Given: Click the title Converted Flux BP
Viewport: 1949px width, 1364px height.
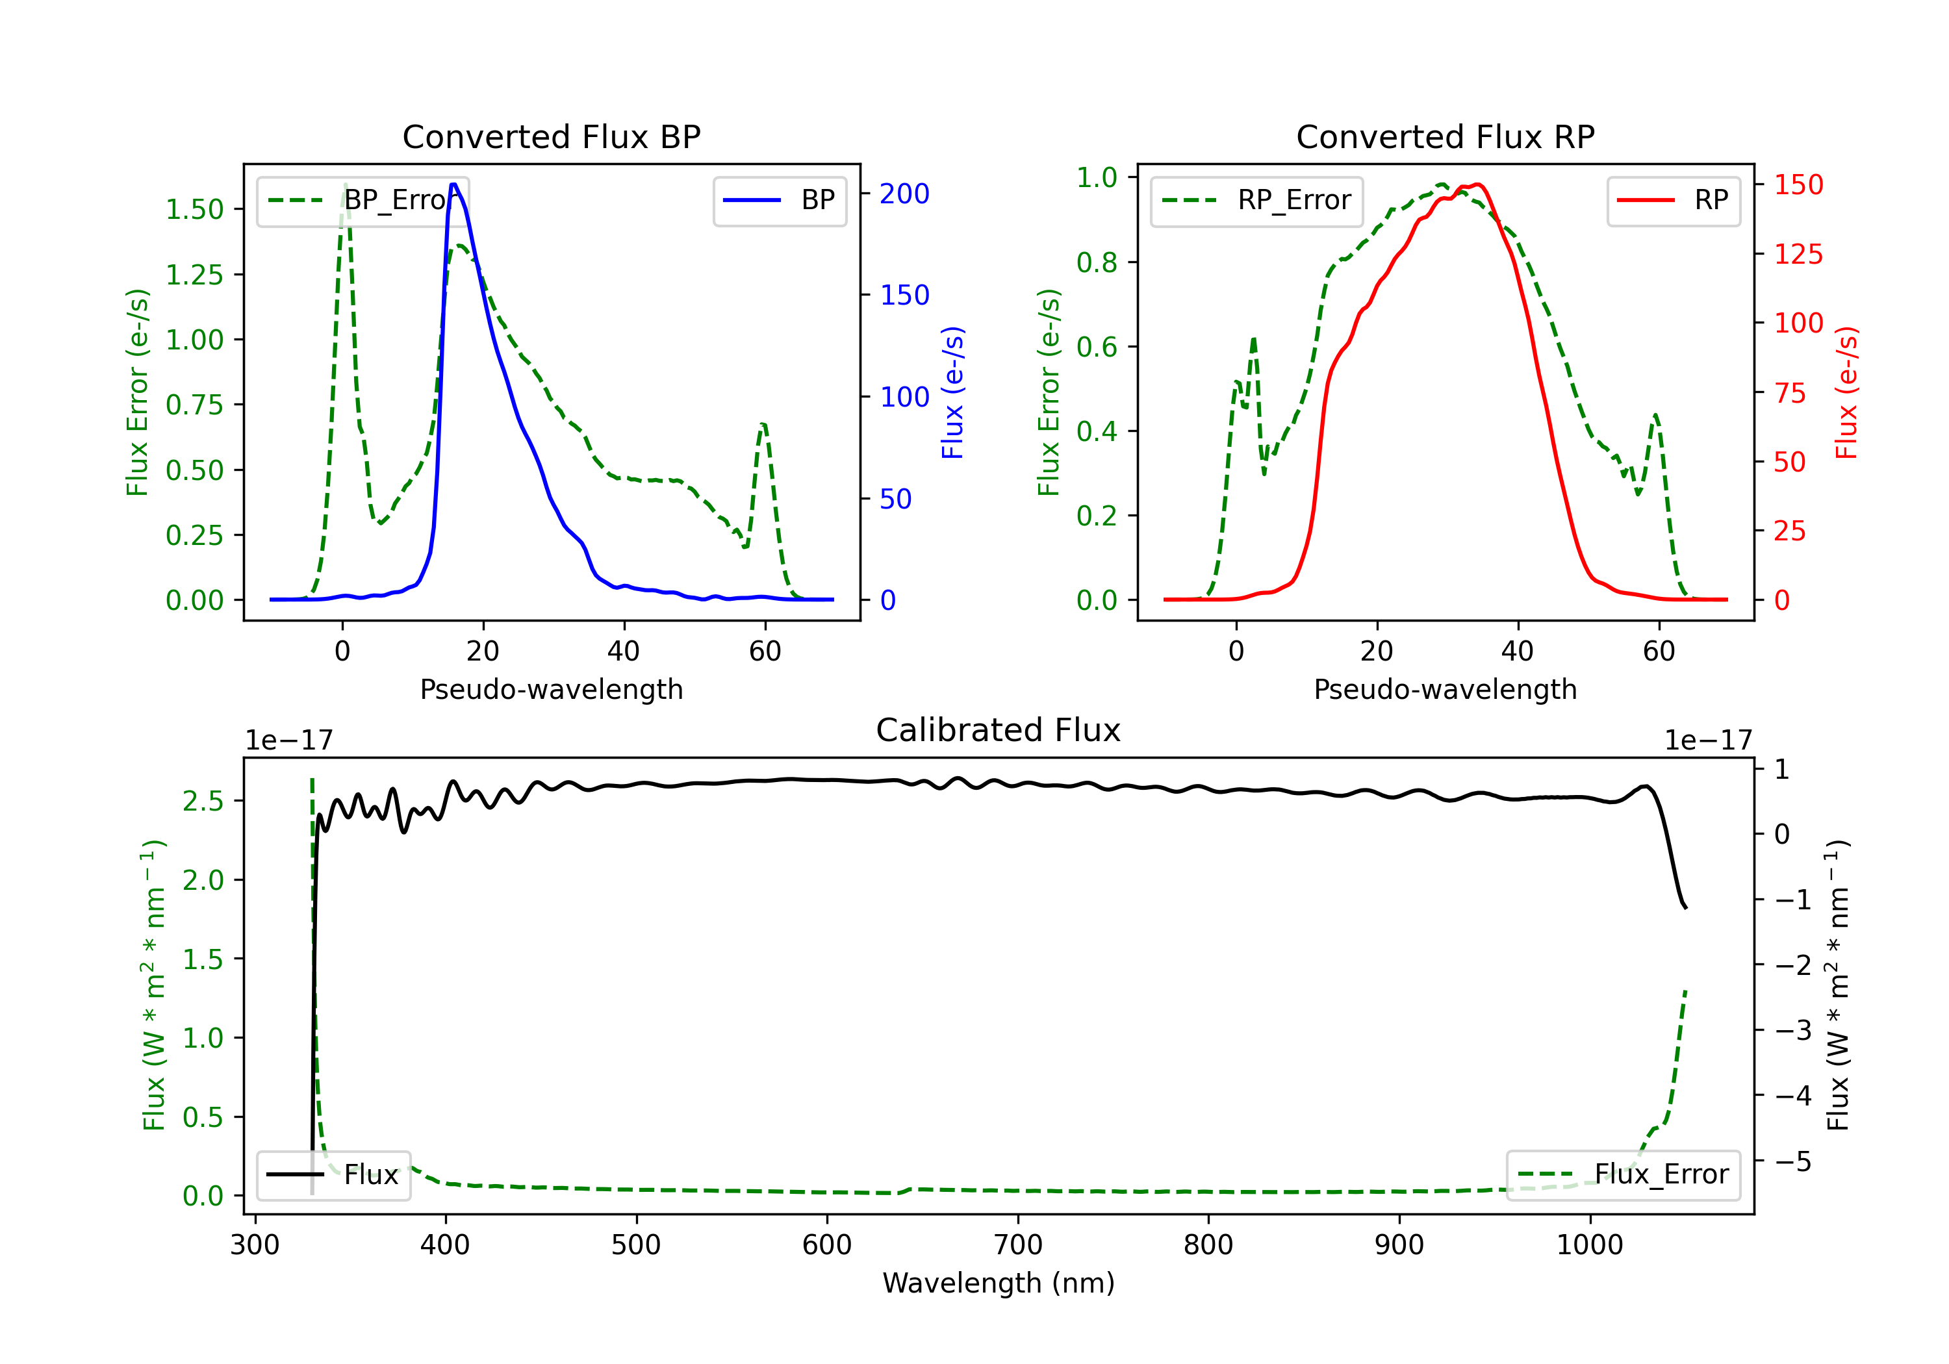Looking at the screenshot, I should point(551,136).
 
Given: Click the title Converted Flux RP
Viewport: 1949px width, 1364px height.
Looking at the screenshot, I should point(1445,136).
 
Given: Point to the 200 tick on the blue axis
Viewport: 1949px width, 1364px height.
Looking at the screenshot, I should point(904,194).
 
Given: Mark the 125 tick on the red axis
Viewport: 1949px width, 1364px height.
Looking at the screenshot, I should point(1798,254).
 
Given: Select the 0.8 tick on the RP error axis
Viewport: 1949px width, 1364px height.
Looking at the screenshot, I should point(1096,262).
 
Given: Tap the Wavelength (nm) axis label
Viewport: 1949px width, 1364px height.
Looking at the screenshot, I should point(999,1283).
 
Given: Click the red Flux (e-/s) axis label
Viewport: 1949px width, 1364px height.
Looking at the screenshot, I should point(1846,392).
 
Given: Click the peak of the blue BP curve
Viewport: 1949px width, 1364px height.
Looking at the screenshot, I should point(454,184).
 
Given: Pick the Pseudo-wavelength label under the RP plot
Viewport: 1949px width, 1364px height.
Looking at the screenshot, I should point(1445,689).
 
